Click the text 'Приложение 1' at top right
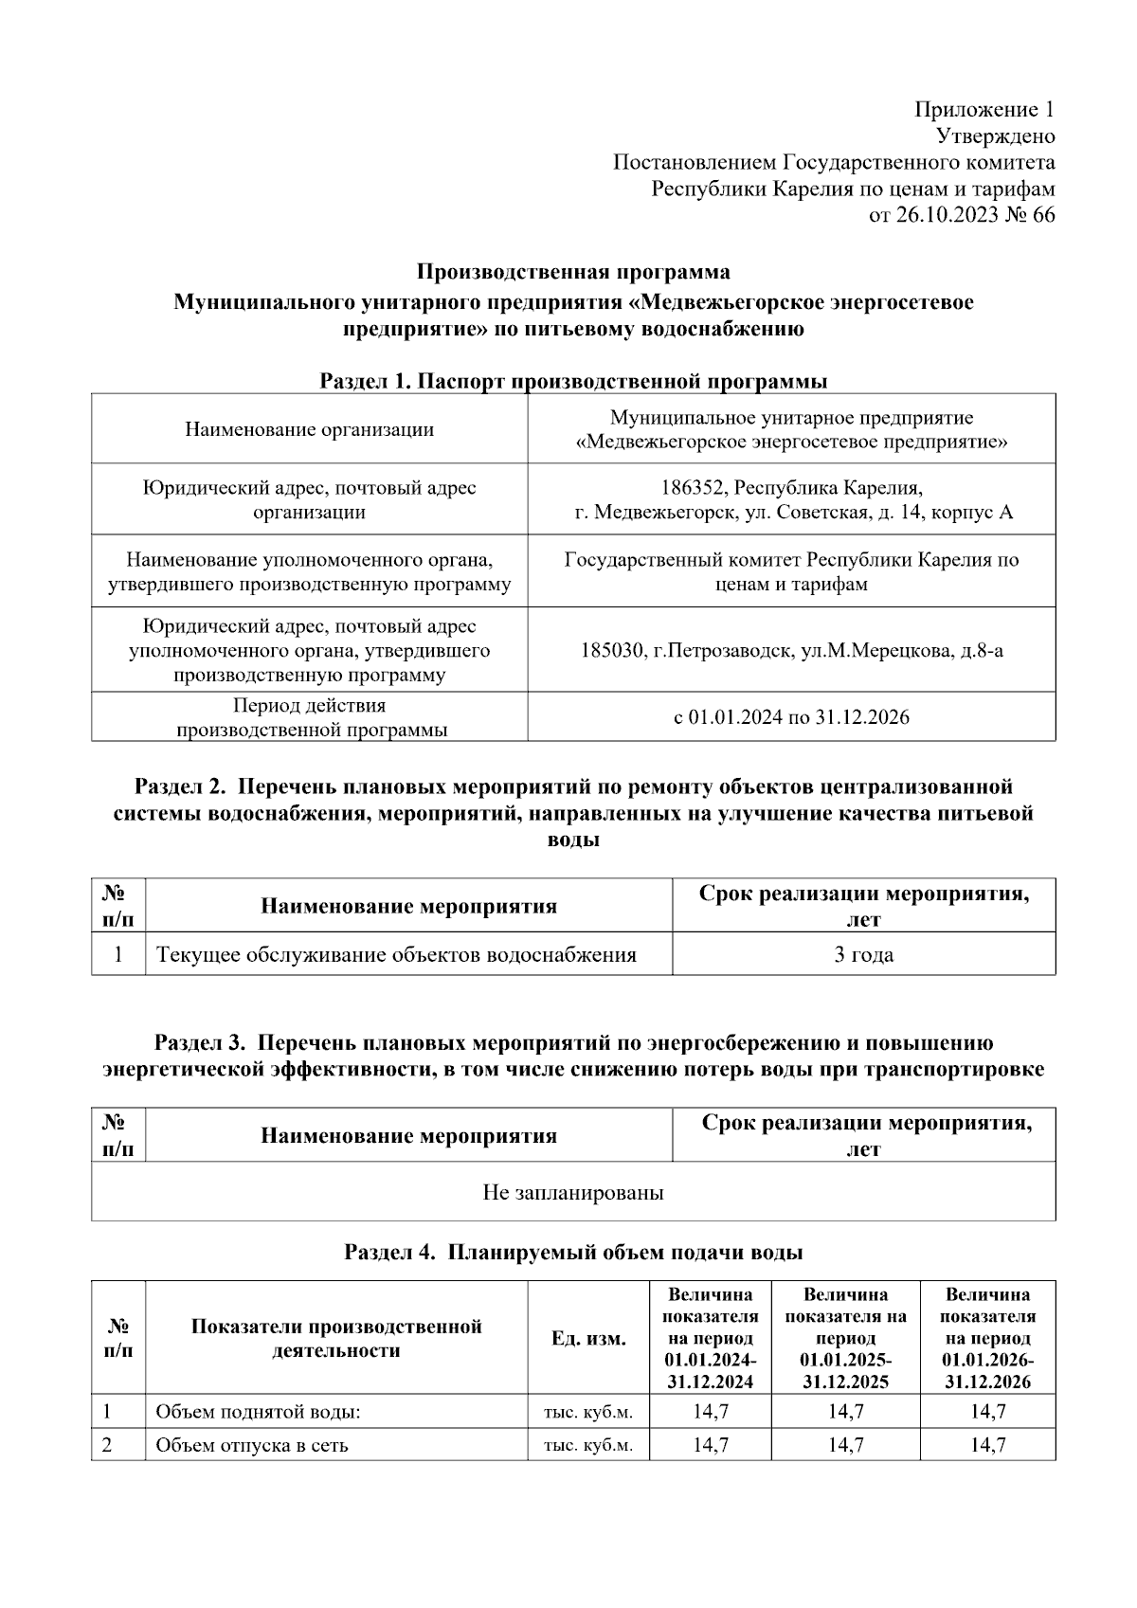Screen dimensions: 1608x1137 984,109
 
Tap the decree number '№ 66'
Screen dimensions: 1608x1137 1029,215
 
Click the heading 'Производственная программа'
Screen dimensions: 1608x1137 573,273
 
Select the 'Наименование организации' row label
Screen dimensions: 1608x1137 309,429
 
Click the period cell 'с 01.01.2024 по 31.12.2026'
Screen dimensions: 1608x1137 791,717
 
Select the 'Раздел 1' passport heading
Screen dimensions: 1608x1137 573,382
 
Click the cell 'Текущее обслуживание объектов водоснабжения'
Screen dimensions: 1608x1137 396,955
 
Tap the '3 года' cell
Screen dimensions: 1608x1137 863,955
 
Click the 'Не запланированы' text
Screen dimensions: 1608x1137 573,1193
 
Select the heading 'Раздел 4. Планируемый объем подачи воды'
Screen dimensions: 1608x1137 573,1253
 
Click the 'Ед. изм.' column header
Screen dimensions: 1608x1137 588,1339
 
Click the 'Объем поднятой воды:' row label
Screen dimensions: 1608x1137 258,1412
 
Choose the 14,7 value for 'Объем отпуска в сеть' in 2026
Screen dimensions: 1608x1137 987,1446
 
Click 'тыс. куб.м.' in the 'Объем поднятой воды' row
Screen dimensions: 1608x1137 588,1412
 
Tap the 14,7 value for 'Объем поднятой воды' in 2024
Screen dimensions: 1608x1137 710,1412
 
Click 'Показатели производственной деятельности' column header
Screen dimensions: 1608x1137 336,1339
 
